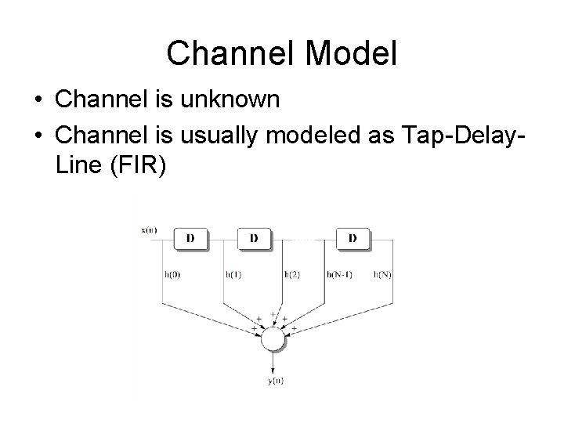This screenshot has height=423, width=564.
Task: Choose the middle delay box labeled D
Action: coord(254,238)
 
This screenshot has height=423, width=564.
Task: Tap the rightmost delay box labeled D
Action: coord(352,238)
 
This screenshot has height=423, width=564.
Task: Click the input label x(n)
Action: coord(149,230)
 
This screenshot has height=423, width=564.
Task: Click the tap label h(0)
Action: coord(172,274)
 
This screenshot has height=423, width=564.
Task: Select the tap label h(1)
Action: coord(233,274)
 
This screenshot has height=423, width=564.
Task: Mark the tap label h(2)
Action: coord(291,274)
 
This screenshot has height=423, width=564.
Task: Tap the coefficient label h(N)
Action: coord(383,274)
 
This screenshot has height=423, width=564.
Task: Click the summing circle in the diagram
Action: coord(273,338)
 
